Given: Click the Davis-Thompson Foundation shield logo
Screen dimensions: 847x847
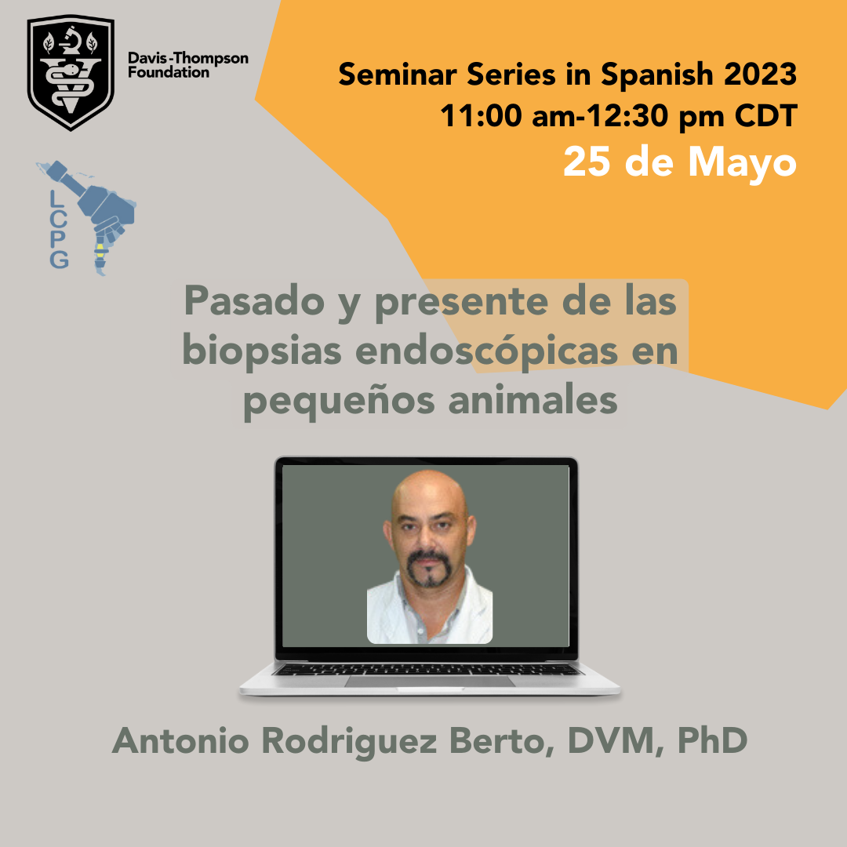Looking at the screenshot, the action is (71, 72).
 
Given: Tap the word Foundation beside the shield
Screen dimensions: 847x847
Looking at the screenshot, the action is (169, 72).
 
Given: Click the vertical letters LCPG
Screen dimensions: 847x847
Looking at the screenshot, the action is (59, 229).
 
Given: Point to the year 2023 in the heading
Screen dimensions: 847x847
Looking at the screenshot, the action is (761, 74).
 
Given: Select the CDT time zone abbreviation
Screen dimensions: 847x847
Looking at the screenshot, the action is (766, 115).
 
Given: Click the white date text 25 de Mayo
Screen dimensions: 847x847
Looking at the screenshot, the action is (680, 162).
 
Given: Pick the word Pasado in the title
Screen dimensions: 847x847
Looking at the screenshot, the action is (254, 301).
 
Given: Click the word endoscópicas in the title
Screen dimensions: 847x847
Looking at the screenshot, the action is (486, 351).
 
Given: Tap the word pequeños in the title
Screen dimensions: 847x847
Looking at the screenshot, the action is (339, 402).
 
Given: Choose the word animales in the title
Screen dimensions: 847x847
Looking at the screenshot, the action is (533, 400).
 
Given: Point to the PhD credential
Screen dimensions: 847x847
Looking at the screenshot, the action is (712, 740).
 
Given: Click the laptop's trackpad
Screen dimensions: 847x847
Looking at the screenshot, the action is (430, 682).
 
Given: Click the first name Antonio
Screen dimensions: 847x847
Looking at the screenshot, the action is (180, 740).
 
